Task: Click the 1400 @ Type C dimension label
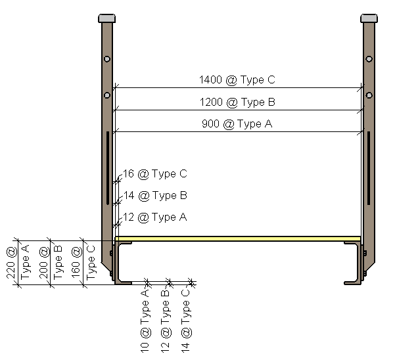click(237, 79)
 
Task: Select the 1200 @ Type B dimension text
click(237, 102)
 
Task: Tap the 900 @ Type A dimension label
click(237, 124)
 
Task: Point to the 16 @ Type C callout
click(155, 174)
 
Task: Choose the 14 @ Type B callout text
click(155, 196)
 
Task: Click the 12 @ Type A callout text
click(155, 217)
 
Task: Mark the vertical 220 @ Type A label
click(18, 262)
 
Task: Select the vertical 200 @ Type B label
click(51, 262)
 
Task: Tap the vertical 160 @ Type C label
click(83, 263)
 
